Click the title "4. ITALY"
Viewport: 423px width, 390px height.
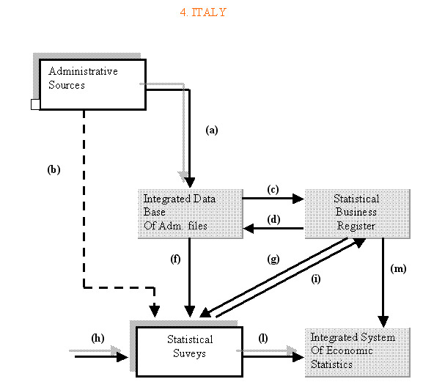tap(203, 12)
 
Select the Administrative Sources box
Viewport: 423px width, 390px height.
tap(92, 84)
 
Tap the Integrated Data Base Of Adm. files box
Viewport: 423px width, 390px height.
tap(191, 213)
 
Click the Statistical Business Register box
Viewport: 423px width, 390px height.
tap(358, 213)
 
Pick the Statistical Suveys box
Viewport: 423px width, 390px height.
tap(189, 352)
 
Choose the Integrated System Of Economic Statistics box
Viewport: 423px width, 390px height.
tap(358, 352)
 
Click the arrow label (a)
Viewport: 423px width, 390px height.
tap(212, 130)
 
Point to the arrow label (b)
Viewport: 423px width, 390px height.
tap(54, 169)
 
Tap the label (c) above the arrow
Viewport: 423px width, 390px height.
tap(273, 189)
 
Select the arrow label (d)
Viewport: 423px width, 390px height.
tap(273, 219)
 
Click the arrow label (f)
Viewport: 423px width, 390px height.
tap(175, 260)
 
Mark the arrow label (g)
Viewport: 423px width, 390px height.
tap(273, 260)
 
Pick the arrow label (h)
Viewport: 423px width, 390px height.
tap(98, 338)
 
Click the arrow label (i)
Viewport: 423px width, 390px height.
tap(316, 279)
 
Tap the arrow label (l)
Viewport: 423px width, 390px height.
tap(263, 338)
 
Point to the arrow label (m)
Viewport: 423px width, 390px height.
tap(399, 269)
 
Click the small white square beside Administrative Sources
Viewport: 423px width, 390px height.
tap(35, 104)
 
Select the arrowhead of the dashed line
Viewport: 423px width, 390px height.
tap(155, 312)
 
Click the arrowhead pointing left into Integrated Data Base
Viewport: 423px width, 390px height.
tap(249, 229)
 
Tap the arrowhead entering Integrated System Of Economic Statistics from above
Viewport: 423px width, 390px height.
tap(383, 322)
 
